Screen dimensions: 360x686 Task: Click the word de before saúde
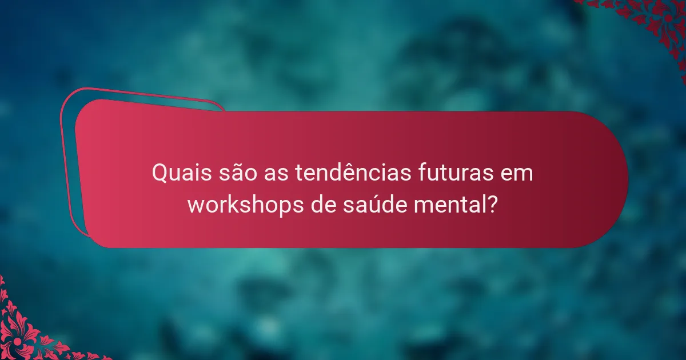coord(326,204)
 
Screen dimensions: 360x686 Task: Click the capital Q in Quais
coord(159,173)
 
